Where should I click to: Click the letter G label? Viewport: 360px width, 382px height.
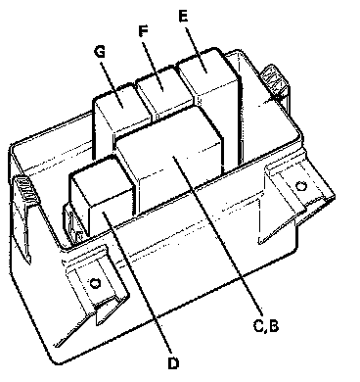coord(100,52)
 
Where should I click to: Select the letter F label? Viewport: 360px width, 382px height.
coord(143,31)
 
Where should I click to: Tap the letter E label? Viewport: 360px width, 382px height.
coord(184,16)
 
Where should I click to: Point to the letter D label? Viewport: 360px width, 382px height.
coord(173,363)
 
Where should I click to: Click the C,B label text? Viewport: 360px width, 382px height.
coord(266,326)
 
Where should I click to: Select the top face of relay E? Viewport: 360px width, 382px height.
coord(206,70)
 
